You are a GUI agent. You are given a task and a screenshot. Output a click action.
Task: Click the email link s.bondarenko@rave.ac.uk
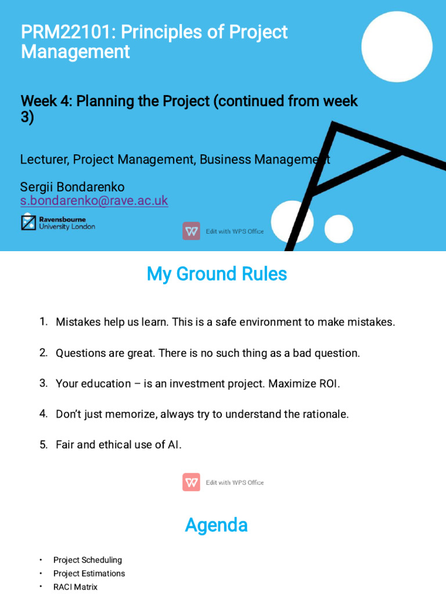[94, 201]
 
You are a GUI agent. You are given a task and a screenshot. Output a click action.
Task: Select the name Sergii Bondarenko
[72, 187]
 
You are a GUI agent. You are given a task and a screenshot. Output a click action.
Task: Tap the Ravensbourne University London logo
[58, 223]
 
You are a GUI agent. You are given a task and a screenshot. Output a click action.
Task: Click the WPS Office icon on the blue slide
[191, 231]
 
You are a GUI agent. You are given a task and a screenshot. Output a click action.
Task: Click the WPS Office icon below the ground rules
[191, 482]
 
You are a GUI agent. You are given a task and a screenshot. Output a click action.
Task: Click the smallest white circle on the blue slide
[339, 229]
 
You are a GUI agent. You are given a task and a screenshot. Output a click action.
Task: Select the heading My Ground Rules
[217, 274]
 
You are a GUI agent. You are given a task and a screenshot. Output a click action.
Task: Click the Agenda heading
[216, 525]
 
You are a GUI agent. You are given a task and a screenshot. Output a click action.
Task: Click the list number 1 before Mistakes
[43, 321]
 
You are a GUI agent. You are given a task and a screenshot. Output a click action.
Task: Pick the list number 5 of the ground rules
[43, 445]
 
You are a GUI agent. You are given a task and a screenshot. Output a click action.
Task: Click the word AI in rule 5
[174, 445]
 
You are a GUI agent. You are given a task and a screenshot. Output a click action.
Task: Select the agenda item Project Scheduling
[88, 560]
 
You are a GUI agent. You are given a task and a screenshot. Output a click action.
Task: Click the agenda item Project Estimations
[89, 573]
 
